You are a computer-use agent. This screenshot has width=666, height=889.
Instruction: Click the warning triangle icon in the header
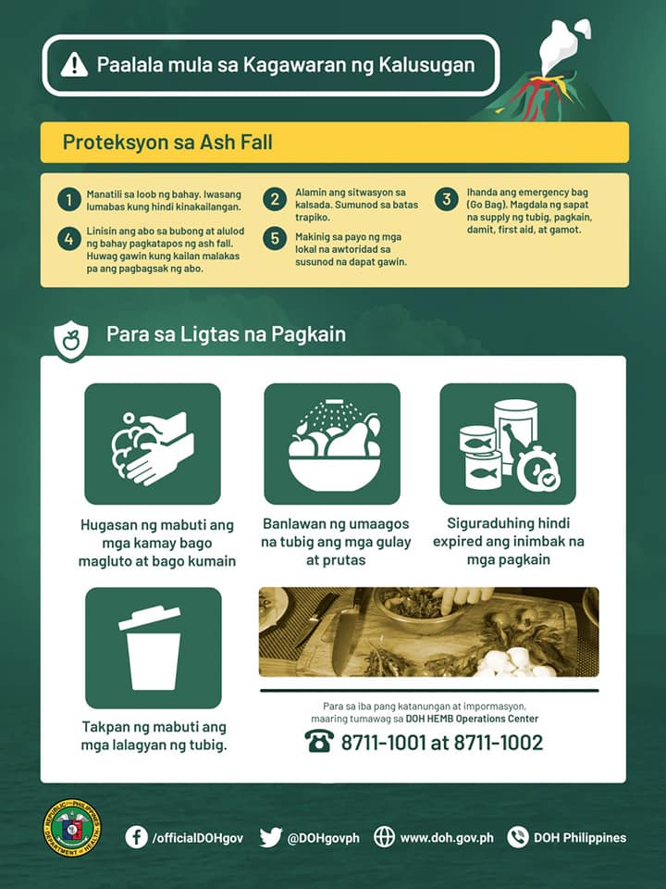tap(74, 65)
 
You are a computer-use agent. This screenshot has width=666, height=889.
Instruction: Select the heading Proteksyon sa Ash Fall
tap(167, 142)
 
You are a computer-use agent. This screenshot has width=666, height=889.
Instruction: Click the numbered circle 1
tap(69, 200)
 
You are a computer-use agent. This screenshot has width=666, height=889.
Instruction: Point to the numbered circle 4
tap(69, 239)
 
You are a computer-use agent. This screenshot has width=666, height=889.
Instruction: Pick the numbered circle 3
tap(447, 199)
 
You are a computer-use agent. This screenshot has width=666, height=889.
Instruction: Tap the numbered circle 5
tap(275, 238)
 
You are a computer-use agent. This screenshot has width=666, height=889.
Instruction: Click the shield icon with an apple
tap(71, 340)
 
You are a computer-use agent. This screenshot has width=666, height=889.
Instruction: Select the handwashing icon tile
tap(153, 444)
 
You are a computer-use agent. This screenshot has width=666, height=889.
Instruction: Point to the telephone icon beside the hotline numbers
tap(319, 741)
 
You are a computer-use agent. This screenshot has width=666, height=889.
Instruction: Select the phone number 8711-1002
tap(499, 742)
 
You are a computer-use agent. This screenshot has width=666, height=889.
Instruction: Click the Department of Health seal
tap(72, 828)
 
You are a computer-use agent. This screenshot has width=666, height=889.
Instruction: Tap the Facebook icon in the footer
tap(137, 837)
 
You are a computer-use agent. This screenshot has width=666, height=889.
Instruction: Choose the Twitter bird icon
tap(271, 837)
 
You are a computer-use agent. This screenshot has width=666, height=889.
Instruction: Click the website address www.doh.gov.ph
tap(447, 837)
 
